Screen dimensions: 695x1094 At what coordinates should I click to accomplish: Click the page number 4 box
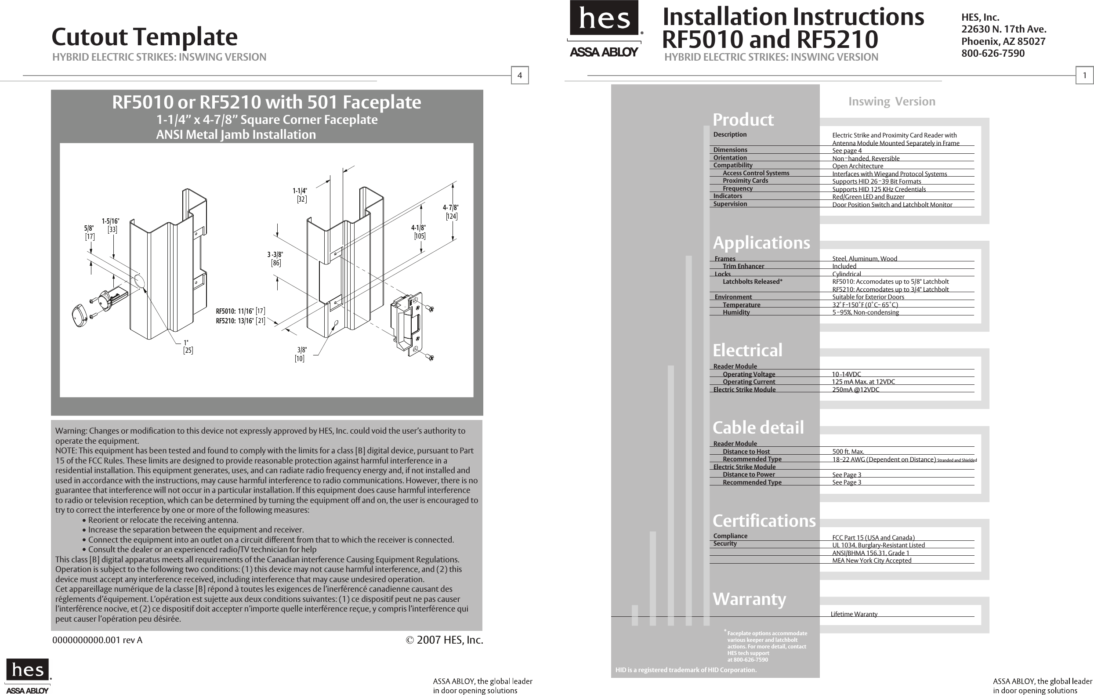coord(520,76)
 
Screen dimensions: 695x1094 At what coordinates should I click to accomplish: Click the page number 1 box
coord(1084,76)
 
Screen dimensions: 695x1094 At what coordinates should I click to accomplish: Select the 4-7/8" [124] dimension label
coord(451,212)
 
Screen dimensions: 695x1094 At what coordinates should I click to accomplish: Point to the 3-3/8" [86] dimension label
coord(275,258)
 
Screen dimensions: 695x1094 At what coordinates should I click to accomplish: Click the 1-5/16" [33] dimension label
coord(111,225)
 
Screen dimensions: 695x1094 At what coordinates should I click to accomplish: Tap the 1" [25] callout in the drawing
coord(188,347)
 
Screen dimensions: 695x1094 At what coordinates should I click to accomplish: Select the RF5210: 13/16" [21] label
coord(240,321)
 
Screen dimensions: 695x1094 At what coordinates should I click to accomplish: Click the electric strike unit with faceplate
coord(406,323)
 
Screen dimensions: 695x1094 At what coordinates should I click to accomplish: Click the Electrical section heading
coord(747,350)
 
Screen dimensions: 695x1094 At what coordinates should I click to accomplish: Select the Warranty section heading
coord(749,599)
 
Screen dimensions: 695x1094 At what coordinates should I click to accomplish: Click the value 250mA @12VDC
coord(855,390)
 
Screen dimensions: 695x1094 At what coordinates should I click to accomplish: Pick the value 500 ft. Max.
coord(848,452)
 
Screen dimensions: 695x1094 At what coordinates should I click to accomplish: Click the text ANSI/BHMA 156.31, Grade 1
coord(870,553)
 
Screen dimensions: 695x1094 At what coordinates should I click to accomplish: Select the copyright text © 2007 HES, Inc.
coord(444,640)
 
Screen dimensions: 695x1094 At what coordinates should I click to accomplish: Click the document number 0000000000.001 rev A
coord(97,640)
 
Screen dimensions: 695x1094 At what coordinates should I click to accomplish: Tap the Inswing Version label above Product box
coord(891,101)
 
